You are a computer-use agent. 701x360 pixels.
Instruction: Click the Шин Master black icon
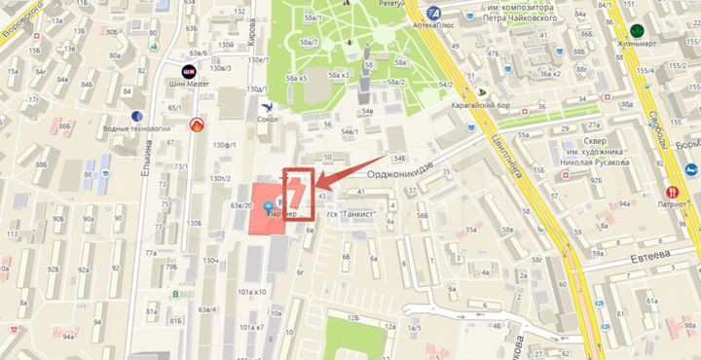click(x=187, y=70)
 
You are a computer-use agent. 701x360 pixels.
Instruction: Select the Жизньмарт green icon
click(x=638, y=30)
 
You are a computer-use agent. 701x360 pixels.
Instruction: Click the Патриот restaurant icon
click(x=671, y=193)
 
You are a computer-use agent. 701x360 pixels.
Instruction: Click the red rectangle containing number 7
click(x=298, y=188)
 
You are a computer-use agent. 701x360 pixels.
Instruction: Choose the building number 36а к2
click(x=551, y=72)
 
